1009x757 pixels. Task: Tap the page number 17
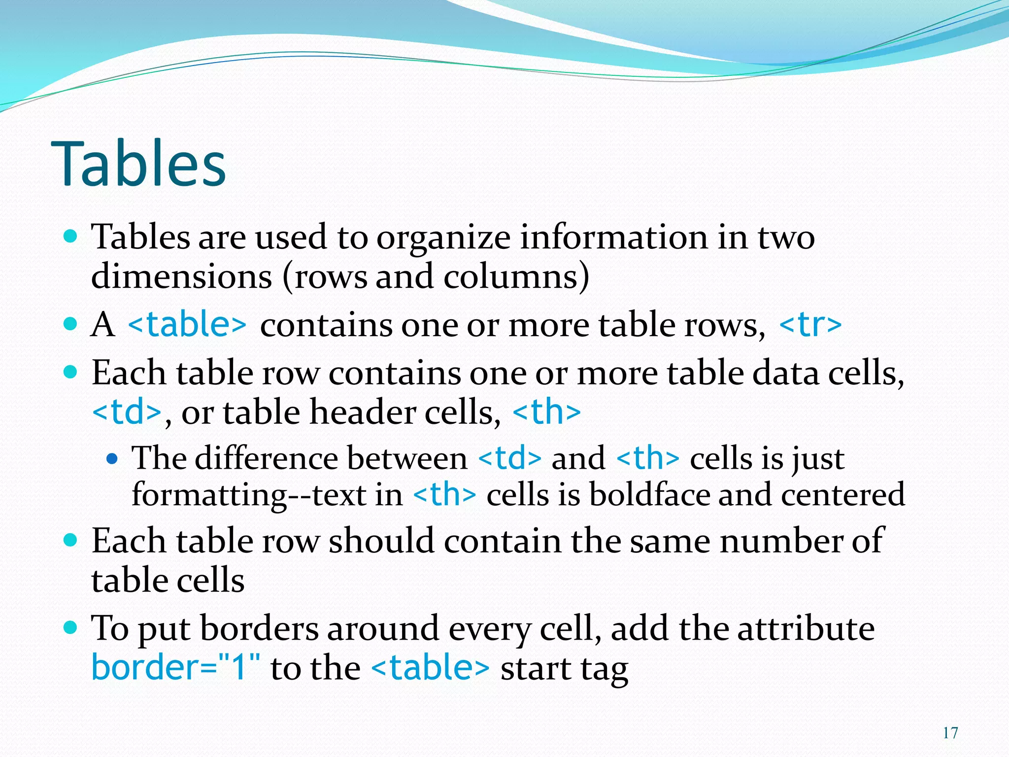pos(950,733)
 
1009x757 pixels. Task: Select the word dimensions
pos(181,276)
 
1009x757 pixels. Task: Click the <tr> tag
pos(810,324)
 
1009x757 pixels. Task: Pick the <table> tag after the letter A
pos(187,324)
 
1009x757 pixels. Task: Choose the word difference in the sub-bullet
pos(266,458)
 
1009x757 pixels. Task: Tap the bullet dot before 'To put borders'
pos(71,627)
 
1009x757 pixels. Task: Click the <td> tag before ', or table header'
pos(127,412)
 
